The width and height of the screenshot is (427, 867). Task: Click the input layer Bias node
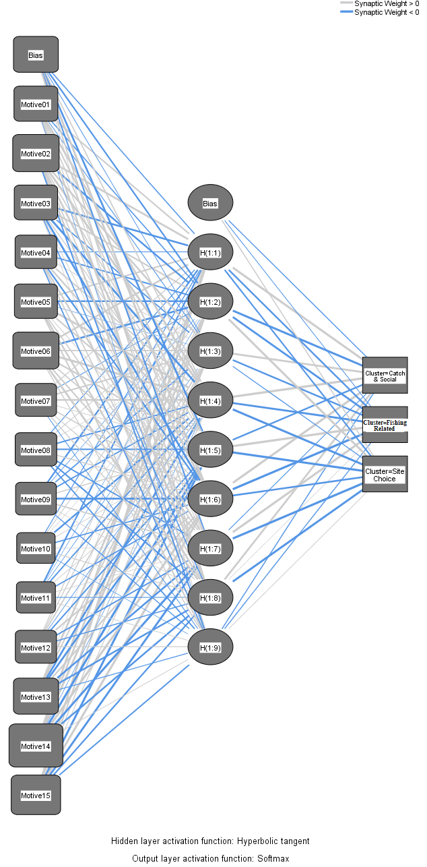[x=36, y=55]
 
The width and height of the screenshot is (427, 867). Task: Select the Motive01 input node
[x=36, y=104]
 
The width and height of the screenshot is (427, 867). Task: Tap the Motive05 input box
[x=36, y=301]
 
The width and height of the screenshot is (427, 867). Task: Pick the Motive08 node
[x=36, y=450]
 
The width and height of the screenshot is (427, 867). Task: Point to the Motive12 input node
[x=36, y=647]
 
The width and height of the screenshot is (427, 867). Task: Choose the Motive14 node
[x=36, y=746]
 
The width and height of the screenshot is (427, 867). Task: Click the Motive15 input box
[x=36, y=795]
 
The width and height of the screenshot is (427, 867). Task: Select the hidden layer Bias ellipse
[x=210, y=203]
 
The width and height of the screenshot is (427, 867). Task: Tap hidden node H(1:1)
[x=210, y=252]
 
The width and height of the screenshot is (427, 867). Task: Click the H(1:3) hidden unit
[x=210, y=351]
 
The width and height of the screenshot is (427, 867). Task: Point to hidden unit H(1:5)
[x=210, y=450]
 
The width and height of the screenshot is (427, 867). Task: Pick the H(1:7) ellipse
[x=210, y=548]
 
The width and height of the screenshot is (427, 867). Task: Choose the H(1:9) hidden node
[x=210, y=647]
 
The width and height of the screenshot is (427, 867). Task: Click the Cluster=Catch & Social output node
[x=385, y=376]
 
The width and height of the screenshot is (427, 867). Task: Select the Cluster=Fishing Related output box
[x=385, y=425]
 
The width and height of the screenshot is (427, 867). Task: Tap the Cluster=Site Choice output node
[x=385, y=474]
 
